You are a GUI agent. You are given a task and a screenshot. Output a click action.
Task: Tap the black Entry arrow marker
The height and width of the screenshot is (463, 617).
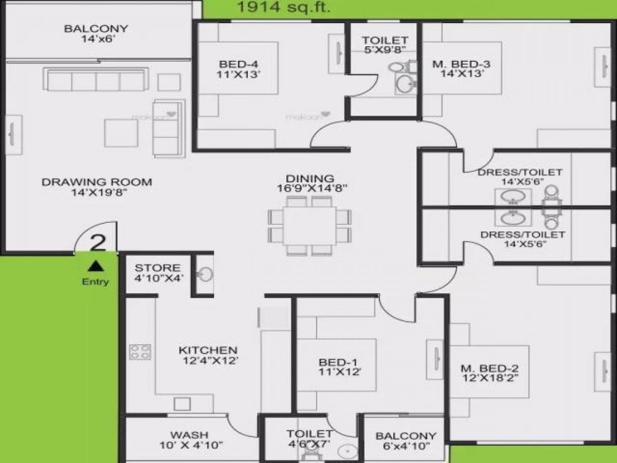[95, 266]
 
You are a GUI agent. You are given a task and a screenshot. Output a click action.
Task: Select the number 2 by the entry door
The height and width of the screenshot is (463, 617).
[98, 242]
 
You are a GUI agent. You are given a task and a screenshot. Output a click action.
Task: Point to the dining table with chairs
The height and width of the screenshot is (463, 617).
[310, 225]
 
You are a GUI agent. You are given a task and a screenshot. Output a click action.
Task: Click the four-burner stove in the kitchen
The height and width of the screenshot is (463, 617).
[140, 352]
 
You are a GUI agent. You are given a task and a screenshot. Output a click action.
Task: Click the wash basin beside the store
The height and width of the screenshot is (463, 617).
[205, 274]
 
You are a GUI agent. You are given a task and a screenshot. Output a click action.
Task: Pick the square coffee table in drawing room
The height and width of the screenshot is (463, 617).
[121, 132]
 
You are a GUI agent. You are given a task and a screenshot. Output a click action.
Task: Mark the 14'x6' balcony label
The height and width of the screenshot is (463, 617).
[96, 33]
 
